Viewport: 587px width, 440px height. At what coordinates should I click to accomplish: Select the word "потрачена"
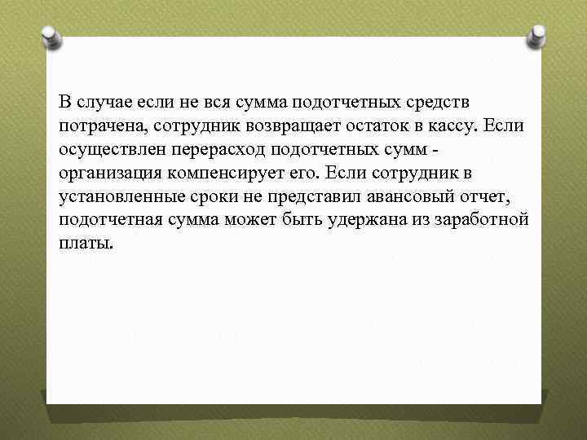tap(97, 128)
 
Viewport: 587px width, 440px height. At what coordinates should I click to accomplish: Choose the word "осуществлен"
tap(104, 152)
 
